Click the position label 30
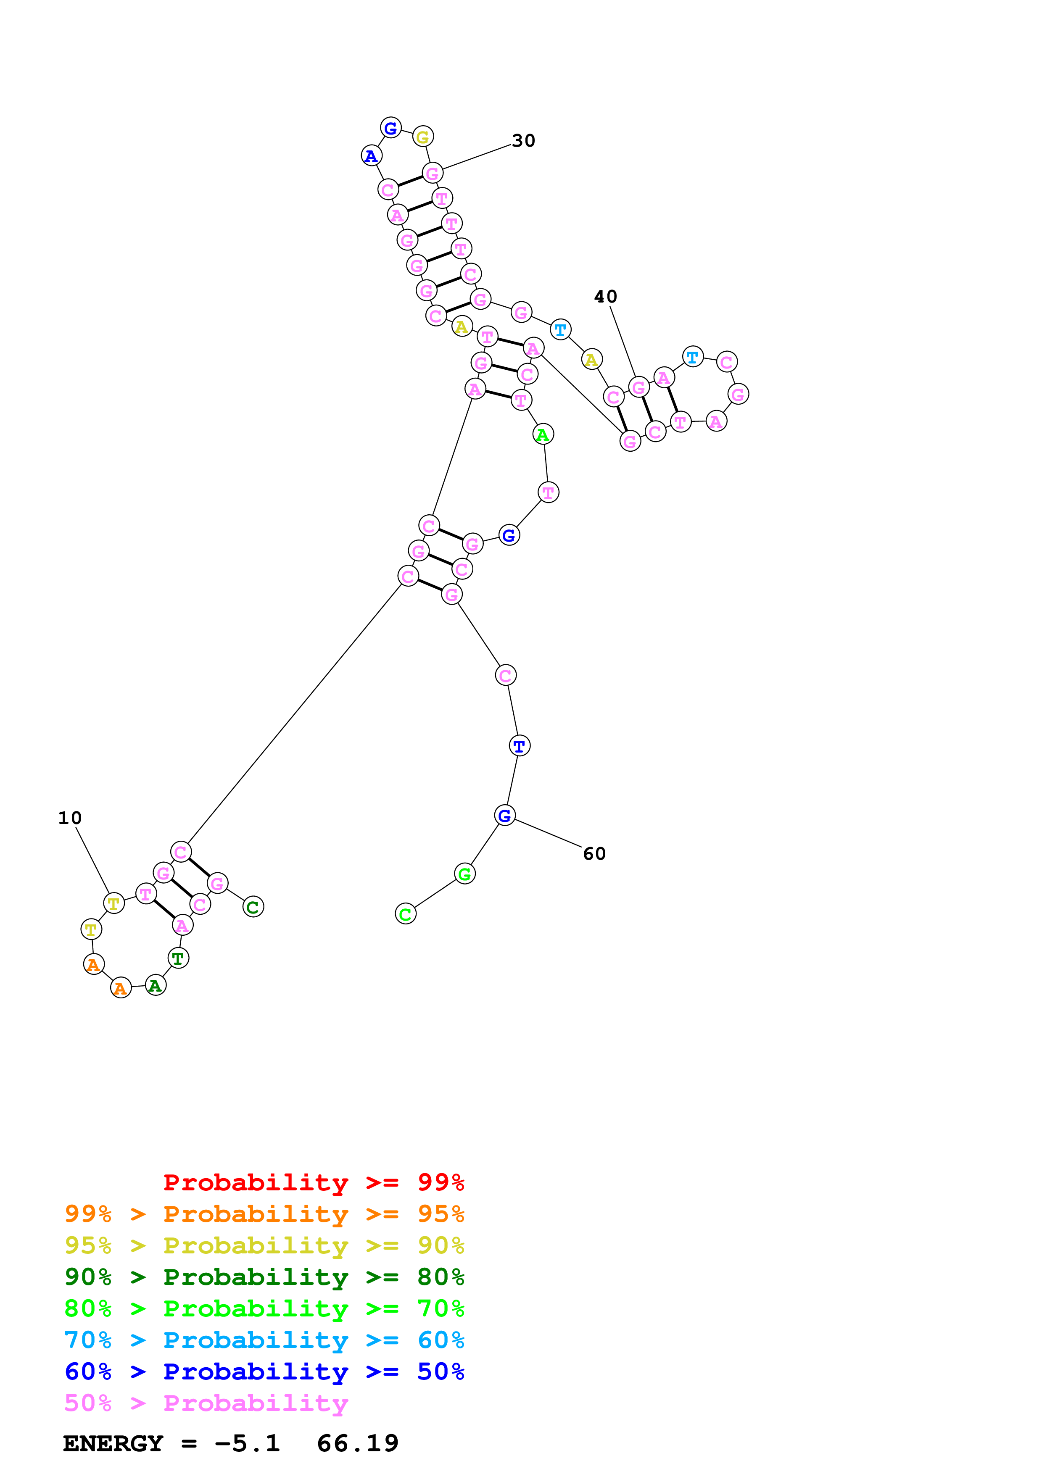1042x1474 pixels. pyautogui.click(x=523, y=141)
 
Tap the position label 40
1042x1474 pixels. pyautogui.click(x=605, y=297)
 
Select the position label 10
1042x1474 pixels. pyautogui.click(x=70, y=818)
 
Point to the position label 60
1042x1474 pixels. pyautogui.click(x=594, y=854)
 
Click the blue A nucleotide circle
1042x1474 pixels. pyautogui.click(x=372, y=156)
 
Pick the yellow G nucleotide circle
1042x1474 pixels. pyautogui.click(x=422, y=137)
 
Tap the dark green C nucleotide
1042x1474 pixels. pyautogui.click(x=253, y=907)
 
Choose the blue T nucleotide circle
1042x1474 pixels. pyautogui.click(x=520, y=746)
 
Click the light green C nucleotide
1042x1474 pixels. pyautogui.click(x=405, y=914)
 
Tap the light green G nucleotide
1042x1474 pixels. pyautogui.click(x=465, y=874)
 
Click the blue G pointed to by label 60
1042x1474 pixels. pyautogui.click(x=505, y=815)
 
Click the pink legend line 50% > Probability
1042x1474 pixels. pyautogui.click(x=206, y=1403)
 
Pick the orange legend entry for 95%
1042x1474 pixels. pyautogui.click(x=264, y=1214)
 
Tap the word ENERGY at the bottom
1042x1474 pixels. pyautogui.click(x=113, y=1444)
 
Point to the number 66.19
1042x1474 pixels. pyautogui.click(x=358, y=1444)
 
